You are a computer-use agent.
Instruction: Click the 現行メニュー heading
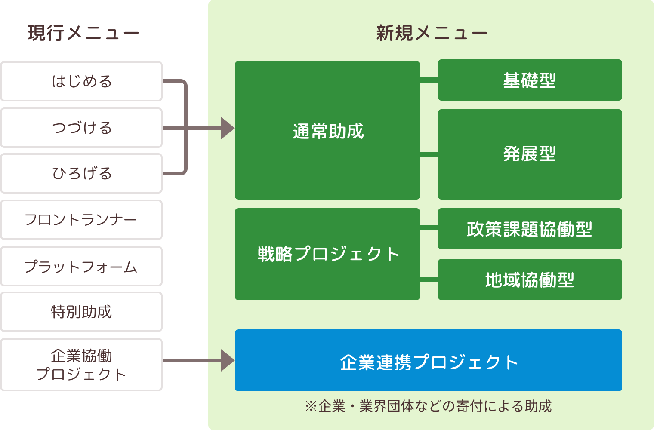click(83, 33)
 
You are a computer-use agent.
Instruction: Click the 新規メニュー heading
click(432, 33)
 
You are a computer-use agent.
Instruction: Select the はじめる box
click(81, 81)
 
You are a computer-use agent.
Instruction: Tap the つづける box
click(81, 128)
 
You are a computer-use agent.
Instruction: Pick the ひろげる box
click(81, 173)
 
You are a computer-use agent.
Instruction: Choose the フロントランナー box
click(81, 220)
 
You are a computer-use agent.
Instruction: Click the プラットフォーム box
click(81, 266)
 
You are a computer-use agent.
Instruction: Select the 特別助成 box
click(81, 312)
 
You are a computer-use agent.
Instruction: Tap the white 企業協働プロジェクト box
click(81, 365)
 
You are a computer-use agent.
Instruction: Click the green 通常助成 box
click(327, 131)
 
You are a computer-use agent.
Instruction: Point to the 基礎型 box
click(530, 80)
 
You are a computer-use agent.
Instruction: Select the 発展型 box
click(530, 154)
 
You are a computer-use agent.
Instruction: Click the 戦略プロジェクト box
click(327, 254)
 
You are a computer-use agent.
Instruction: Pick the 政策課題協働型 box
click(530, 229)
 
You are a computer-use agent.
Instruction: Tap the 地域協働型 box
click(530, 279)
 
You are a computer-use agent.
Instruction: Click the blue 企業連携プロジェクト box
click(428, 360)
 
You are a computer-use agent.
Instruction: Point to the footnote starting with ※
click(428, 406)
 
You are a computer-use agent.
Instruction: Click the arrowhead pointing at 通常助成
click(227, 128)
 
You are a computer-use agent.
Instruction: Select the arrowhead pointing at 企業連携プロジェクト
click(227, 360)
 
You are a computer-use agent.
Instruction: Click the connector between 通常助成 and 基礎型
click(429, 80)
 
